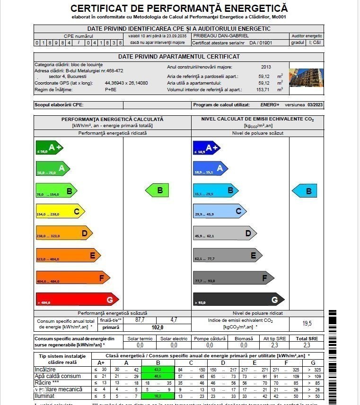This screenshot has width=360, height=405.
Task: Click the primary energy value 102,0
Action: click(157, 327)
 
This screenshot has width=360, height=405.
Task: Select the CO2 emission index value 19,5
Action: click(307, 323)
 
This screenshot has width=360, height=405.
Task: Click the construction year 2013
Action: click(266, 67)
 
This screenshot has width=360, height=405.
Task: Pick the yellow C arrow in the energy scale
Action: click(60, 212)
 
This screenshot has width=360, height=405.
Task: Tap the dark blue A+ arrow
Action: click(207, 148)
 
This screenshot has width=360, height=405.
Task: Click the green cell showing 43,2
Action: click(158, 369)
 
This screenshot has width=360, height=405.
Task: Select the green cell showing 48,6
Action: click(158, 376)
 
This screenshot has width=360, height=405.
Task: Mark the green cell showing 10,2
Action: click(158, 396)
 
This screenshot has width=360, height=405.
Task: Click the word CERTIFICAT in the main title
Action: click(100, 9)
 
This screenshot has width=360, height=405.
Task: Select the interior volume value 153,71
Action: click(263, 89)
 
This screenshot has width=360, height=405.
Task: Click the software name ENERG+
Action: click(270, 105)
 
